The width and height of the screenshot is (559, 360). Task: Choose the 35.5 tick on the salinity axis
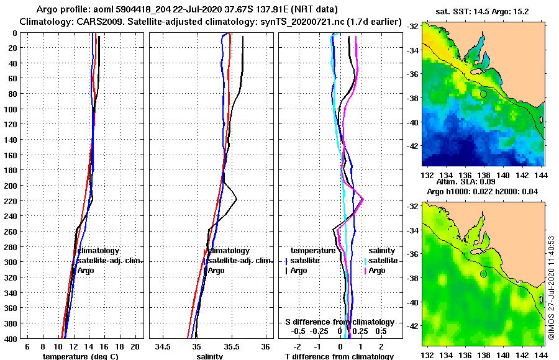231,346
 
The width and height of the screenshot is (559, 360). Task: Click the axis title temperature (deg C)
80,356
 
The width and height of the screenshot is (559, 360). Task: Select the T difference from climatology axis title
339,356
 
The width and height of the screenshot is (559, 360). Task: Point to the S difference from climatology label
340,322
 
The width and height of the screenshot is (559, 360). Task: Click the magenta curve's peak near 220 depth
363,199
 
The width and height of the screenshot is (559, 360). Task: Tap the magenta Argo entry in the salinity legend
376,271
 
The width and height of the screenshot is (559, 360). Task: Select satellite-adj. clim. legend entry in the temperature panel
109,261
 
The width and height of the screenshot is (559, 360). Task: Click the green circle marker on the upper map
483,94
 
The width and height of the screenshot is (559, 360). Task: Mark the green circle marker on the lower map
483,274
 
